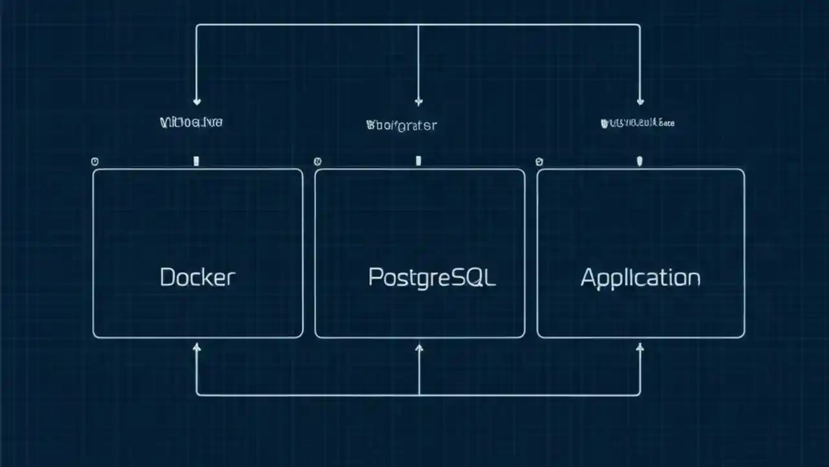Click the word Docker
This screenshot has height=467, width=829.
198,278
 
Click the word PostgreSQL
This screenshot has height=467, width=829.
431,278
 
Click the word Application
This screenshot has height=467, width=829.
640,278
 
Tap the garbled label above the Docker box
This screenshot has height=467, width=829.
191,122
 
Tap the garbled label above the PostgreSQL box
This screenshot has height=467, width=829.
401,125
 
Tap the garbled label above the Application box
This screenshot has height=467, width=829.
638,122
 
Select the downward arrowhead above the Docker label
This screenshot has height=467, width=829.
197,101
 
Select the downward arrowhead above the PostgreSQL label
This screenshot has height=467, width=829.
418,101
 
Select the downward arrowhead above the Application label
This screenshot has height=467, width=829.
641,101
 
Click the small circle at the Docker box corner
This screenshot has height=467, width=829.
95,161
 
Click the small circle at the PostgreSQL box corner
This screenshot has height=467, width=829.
317,162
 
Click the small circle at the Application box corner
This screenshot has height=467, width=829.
539,162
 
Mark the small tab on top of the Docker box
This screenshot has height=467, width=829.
196,161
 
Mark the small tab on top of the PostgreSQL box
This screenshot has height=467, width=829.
418,161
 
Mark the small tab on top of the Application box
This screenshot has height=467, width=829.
640,161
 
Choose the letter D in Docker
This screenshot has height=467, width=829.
167,278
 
